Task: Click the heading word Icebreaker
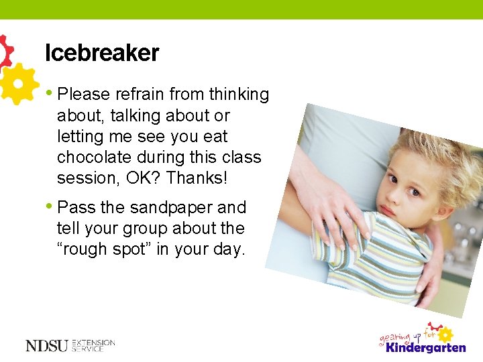coord(102,53)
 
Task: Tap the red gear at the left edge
coord(5,51)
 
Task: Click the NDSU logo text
coord(46,345)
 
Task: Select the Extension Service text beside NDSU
coord(93,345)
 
